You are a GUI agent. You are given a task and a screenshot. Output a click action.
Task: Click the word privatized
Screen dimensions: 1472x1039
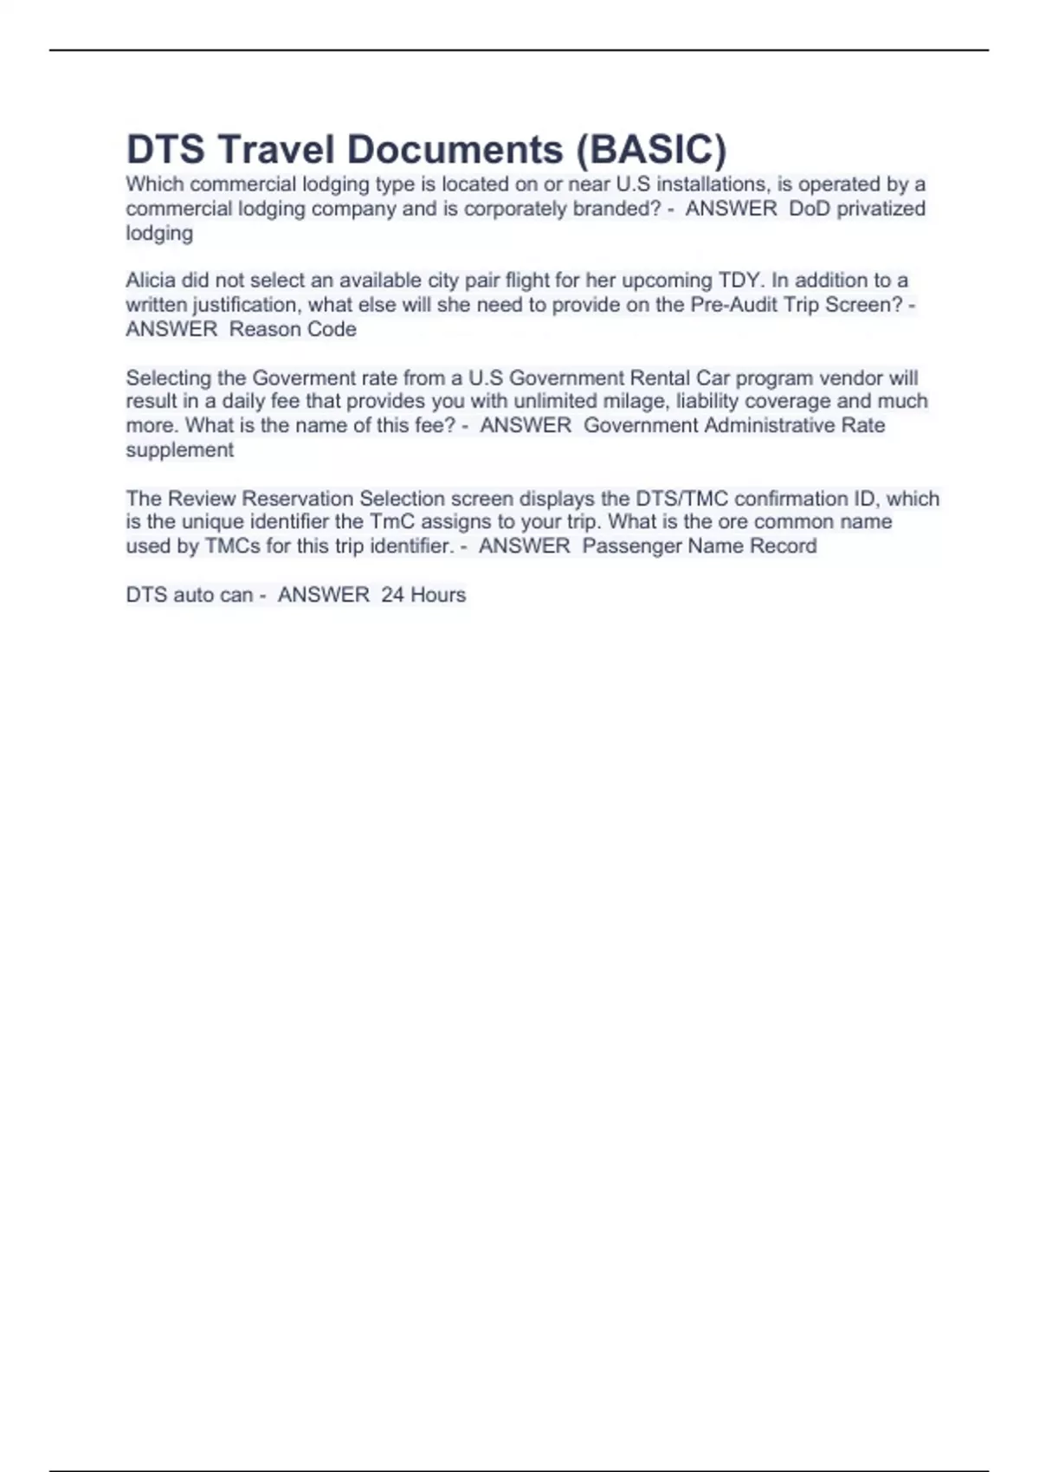point(881,209)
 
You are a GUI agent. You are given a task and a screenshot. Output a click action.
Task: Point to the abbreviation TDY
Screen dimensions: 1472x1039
point(739,281)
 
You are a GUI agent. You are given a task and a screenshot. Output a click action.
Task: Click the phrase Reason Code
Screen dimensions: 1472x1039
point(293,329)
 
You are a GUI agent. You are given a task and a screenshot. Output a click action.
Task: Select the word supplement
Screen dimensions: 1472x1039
point(179,450)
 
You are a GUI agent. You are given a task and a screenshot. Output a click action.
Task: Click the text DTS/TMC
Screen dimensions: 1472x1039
point(681,499)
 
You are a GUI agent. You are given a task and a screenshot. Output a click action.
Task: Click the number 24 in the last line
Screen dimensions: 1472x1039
point(392,595)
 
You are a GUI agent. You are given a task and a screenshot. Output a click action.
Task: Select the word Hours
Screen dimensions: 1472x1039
point(438,595)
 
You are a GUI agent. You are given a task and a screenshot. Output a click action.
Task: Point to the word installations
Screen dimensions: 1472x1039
point(707,184)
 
